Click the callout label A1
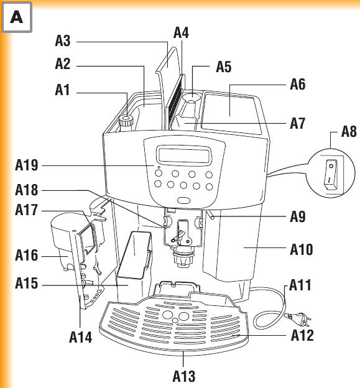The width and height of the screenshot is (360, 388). click(62, 90)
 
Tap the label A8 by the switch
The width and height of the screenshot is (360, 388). click(349, 131)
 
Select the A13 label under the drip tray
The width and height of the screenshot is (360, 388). click(184, 376)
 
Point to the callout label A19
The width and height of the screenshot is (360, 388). click(27, 165)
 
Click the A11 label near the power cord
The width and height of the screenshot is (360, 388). click(300, 285)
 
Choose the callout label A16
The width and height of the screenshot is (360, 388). click(27, 255)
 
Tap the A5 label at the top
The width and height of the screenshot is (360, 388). click(224, 67)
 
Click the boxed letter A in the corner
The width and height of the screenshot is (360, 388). click(17, 17)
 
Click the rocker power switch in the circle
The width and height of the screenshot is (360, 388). click(331, 175)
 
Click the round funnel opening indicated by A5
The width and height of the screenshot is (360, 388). click(191, 98)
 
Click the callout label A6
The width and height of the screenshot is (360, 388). click(298, 84)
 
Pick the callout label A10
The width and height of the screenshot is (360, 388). click(302, 249)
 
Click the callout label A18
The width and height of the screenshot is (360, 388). click(27, 190)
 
